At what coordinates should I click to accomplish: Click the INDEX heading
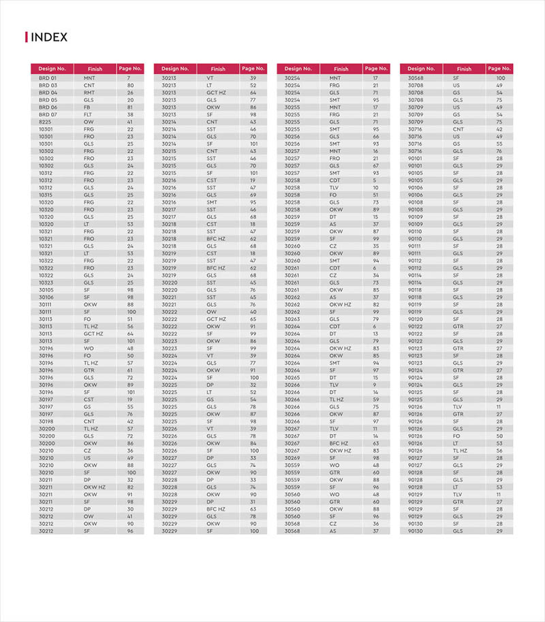[50, 37]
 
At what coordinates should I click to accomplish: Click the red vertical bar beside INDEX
[27, 37]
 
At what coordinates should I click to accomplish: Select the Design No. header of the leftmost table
[52, 69]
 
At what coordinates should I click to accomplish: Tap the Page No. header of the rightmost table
[499, 69]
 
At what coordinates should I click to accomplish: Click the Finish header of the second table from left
[218, 69]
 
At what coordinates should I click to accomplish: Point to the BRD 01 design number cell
[48, 78]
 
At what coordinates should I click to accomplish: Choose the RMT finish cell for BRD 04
[89, 93]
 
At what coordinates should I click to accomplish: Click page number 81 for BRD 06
[130, 108]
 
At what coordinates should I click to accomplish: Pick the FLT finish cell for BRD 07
[89, 114]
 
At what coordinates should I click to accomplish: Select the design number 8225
[46, 122]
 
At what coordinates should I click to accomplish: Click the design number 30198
[46, 421]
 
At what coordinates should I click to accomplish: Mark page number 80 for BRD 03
[130, 86]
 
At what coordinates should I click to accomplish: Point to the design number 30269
[292, 458]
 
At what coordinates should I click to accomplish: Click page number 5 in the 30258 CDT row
[375, 180]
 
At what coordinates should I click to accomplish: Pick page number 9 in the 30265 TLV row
[375, 384]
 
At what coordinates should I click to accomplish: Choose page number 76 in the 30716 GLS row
[499, 151]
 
